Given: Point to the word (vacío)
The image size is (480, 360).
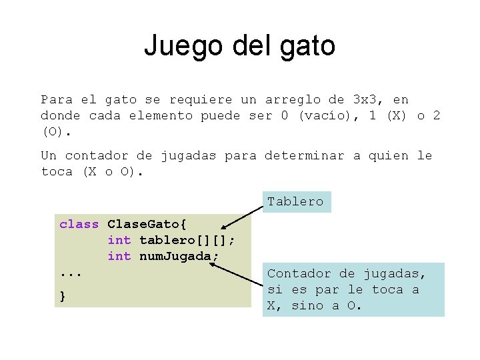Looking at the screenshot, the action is tap(322, 115).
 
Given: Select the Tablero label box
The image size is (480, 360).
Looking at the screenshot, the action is tap(295, 201).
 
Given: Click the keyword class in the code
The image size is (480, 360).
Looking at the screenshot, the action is tap(79, 224).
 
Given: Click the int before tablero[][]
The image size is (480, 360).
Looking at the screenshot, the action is tap(119, 240).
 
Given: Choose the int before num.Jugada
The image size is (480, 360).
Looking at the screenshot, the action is tap(119, 256).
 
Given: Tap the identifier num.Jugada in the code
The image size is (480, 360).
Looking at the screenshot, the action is tap(179, 256).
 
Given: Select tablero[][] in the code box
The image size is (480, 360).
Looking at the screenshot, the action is tap(186, 240).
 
